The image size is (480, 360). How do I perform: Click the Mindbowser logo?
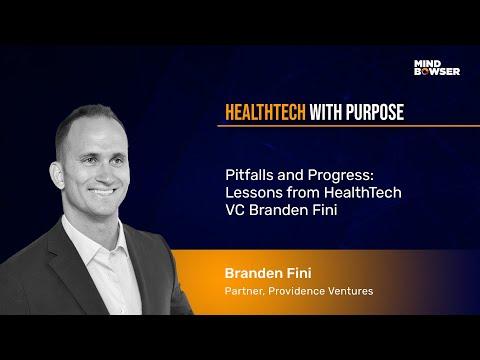coord(437,68)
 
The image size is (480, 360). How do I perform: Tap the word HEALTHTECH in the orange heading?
coord(265,112)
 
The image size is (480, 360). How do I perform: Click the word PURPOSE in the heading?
coord(375,112)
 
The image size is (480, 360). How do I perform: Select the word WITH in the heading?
coord(326,112)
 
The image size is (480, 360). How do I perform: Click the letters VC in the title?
coord(235,210)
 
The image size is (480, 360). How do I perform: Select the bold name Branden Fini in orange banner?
coord(268,273)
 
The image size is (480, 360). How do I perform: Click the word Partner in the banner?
coord(245,291)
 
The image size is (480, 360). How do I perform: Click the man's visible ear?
coord(57,175)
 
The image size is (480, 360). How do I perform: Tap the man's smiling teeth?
coord(103,192)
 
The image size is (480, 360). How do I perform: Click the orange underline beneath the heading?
coord(349,126)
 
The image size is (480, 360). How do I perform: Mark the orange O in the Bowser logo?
coord(424,72)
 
